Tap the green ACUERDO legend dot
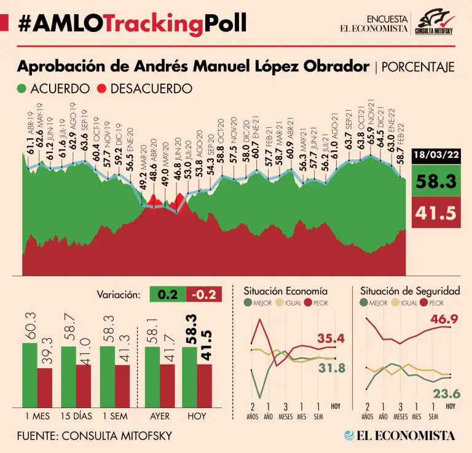coord(22,89)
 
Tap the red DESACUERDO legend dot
coord(101,89)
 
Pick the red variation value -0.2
coord(203,294)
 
